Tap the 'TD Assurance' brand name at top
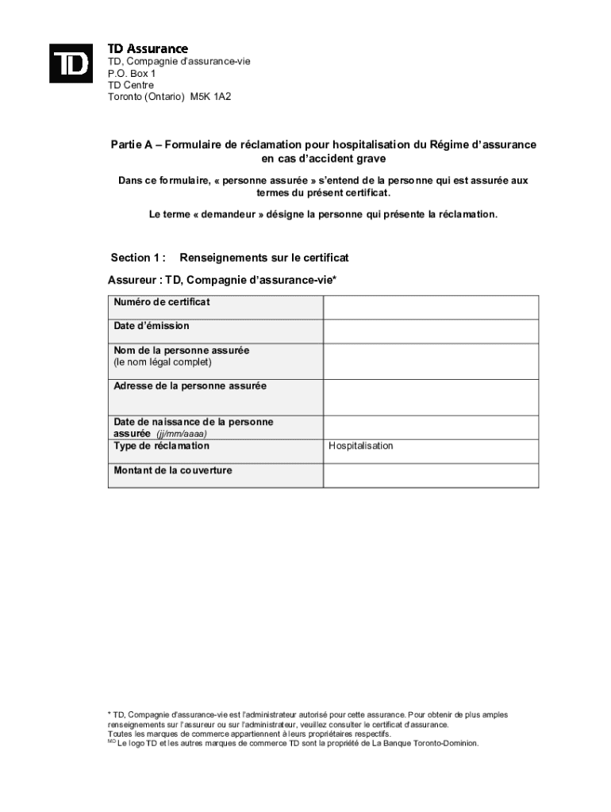148,48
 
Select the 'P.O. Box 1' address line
132,73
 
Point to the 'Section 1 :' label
138,258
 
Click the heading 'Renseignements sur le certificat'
264,258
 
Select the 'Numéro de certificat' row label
162,302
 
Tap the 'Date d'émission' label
152,326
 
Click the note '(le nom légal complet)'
163,362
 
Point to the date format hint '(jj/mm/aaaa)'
182,435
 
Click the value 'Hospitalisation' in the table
361,446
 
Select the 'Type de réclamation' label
162,446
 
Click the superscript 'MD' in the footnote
111,742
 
